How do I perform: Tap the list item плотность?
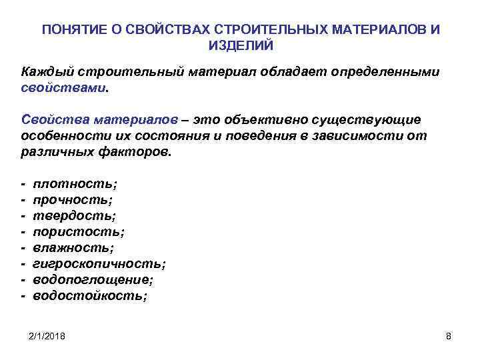[75, 183]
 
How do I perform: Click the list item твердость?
[75, 215]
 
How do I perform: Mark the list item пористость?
[79, 231]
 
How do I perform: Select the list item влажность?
[73, 247]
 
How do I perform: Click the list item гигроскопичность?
[99, 263]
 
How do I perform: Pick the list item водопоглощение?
[93, 279]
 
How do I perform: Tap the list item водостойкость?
[90, 295]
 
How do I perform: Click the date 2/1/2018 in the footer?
[51, 337]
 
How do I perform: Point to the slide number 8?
[448, 337]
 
